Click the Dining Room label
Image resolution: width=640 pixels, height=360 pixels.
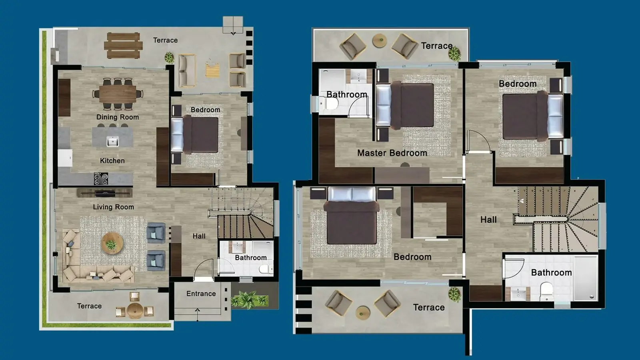click(x=118, y=117)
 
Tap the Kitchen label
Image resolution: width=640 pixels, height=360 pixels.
click(x=112, y=160)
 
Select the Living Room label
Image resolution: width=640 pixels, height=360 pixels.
click(x=114, y=207)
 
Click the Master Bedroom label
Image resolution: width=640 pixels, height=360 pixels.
click(x=392, y=153)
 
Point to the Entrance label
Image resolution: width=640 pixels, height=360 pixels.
click(x=201, y=294)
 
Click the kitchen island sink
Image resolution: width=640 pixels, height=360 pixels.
click(x=112, y=141)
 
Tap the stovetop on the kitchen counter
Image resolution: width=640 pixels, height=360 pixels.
click(x=101, y=178)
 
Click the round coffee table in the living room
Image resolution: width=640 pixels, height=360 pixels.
click(x=112, y=243)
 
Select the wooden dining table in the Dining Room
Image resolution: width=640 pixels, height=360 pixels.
click(x=118, y=94)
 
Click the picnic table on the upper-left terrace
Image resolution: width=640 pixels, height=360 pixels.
click(x=123, y=46)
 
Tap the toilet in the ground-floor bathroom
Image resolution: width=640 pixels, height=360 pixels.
click(x=265, y=269)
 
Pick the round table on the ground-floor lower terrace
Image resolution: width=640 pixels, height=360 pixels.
click(x=135, y=310)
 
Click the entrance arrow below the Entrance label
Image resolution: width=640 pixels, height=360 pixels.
click(x=198, y=315)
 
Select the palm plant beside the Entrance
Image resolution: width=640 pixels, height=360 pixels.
click(x=250, y=300)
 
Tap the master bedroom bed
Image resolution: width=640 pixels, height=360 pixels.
click(x=405, y=105)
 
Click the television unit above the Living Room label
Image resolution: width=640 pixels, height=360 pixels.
click(x=104, y=193)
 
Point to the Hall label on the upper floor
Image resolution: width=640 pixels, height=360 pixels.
click(x=488, y=220)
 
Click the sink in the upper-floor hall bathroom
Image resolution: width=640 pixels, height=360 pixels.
click(x=518, y=294)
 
